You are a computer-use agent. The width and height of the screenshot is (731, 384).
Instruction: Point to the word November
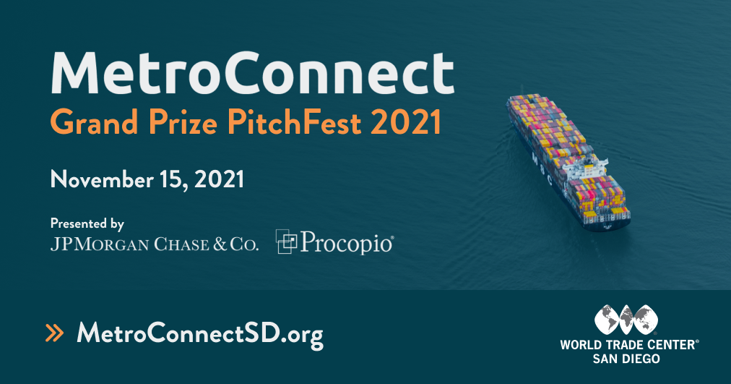[x=103, y=179]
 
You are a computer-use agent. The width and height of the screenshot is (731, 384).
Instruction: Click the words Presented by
[x=87, y=223]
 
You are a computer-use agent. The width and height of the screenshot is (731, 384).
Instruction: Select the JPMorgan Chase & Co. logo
[x=154, y=244]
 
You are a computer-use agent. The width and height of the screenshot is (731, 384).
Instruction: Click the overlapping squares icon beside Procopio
[x=287, y=242]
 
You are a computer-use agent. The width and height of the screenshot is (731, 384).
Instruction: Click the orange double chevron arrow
[x=55, y=333]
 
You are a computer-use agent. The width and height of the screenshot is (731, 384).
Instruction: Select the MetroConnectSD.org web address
[x=199, y=333]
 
